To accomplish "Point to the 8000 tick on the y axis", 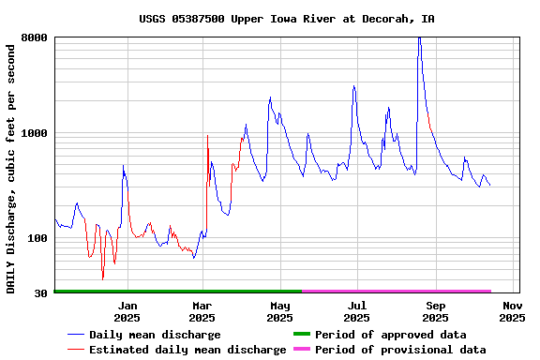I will (35, 37).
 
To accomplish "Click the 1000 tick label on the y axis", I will (35, 133).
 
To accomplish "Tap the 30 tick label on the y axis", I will (40, 293).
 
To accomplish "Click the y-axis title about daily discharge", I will (11, 166).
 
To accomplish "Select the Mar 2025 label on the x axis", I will (202, 311).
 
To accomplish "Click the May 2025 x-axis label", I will (280, 311).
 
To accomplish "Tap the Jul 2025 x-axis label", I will (357, 311).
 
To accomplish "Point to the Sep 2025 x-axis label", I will (435, 311).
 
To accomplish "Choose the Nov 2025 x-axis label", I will (512, 311).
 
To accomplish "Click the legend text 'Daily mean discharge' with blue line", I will (155, 335).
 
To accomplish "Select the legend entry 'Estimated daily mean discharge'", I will (187, 350).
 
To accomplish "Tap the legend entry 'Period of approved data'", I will (390, 335).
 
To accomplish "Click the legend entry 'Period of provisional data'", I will (400, 350).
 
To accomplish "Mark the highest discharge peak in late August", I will (419, 38).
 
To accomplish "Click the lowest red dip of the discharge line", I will (103, 278).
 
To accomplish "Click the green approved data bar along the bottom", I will (178, 292).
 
